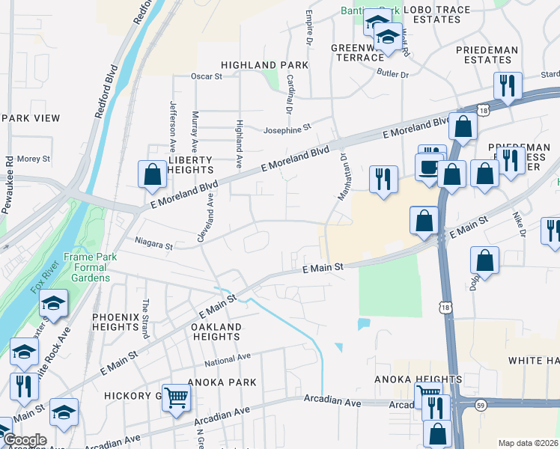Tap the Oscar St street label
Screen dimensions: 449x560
[x=207, y=76]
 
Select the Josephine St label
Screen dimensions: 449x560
[x=286, y=129]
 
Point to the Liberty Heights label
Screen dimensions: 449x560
[x=191, y=165]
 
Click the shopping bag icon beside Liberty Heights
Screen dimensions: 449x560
[x=153, y=175]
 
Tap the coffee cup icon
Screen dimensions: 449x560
[x=430, y=166]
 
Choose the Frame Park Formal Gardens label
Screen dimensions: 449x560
[x=88, y=267]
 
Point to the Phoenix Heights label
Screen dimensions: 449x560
[x=116, y=323]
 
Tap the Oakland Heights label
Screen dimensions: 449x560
[x=216, y=332]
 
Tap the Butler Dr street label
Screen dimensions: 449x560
[x=393, y=75]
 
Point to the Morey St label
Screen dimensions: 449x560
[x=33, y=159]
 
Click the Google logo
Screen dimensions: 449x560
[x=24, y=440]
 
